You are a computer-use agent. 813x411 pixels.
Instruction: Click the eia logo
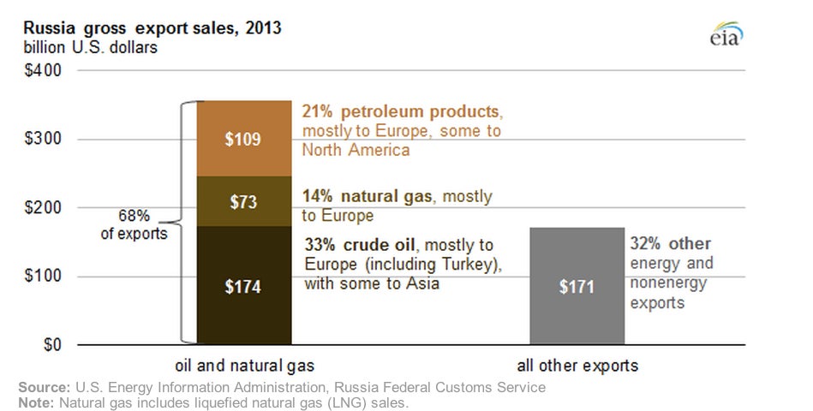(x=726, y=34)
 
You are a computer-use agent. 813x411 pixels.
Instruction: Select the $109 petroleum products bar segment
(x=244, y=139)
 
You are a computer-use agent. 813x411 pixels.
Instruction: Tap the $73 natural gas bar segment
(x=244, y=201)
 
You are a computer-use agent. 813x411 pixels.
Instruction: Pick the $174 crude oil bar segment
(x=244, y=285)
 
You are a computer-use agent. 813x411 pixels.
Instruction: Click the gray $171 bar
(x=577, y=286)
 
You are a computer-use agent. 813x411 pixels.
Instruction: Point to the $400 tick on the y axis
(x=43, y=70)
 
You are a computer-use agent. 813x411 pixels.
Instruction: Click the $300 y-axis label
(x=43, y=139)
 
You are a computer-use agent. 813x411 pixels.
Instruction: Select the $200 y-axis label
(x=43, y=207)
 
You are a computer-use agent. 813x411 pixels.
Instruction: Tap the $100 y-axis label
(x=43, y=276)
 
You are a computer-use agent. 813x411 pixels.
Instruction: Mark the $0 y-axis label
(x=52, y=345)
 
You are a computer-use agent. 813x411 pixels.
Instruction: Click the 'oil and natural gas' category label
(x=245, y=366)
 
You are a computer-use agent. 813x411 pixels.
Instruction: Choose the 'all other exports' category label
(x=577, y=366)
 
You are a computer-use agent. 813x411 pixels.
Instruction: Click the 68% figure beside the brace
(x=134, y=215)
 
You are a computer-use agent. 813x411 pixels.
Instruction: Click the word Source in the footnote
(x=44, y=387)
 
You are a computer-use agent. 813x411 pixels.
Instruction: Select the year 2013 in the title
(x=263, y=27)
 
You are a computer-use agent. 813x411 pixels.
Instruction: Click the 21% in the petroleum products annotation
(x=317, y=111)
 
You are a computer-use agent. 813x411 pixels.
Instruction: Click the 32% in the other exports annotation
(x=645, y=243)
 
